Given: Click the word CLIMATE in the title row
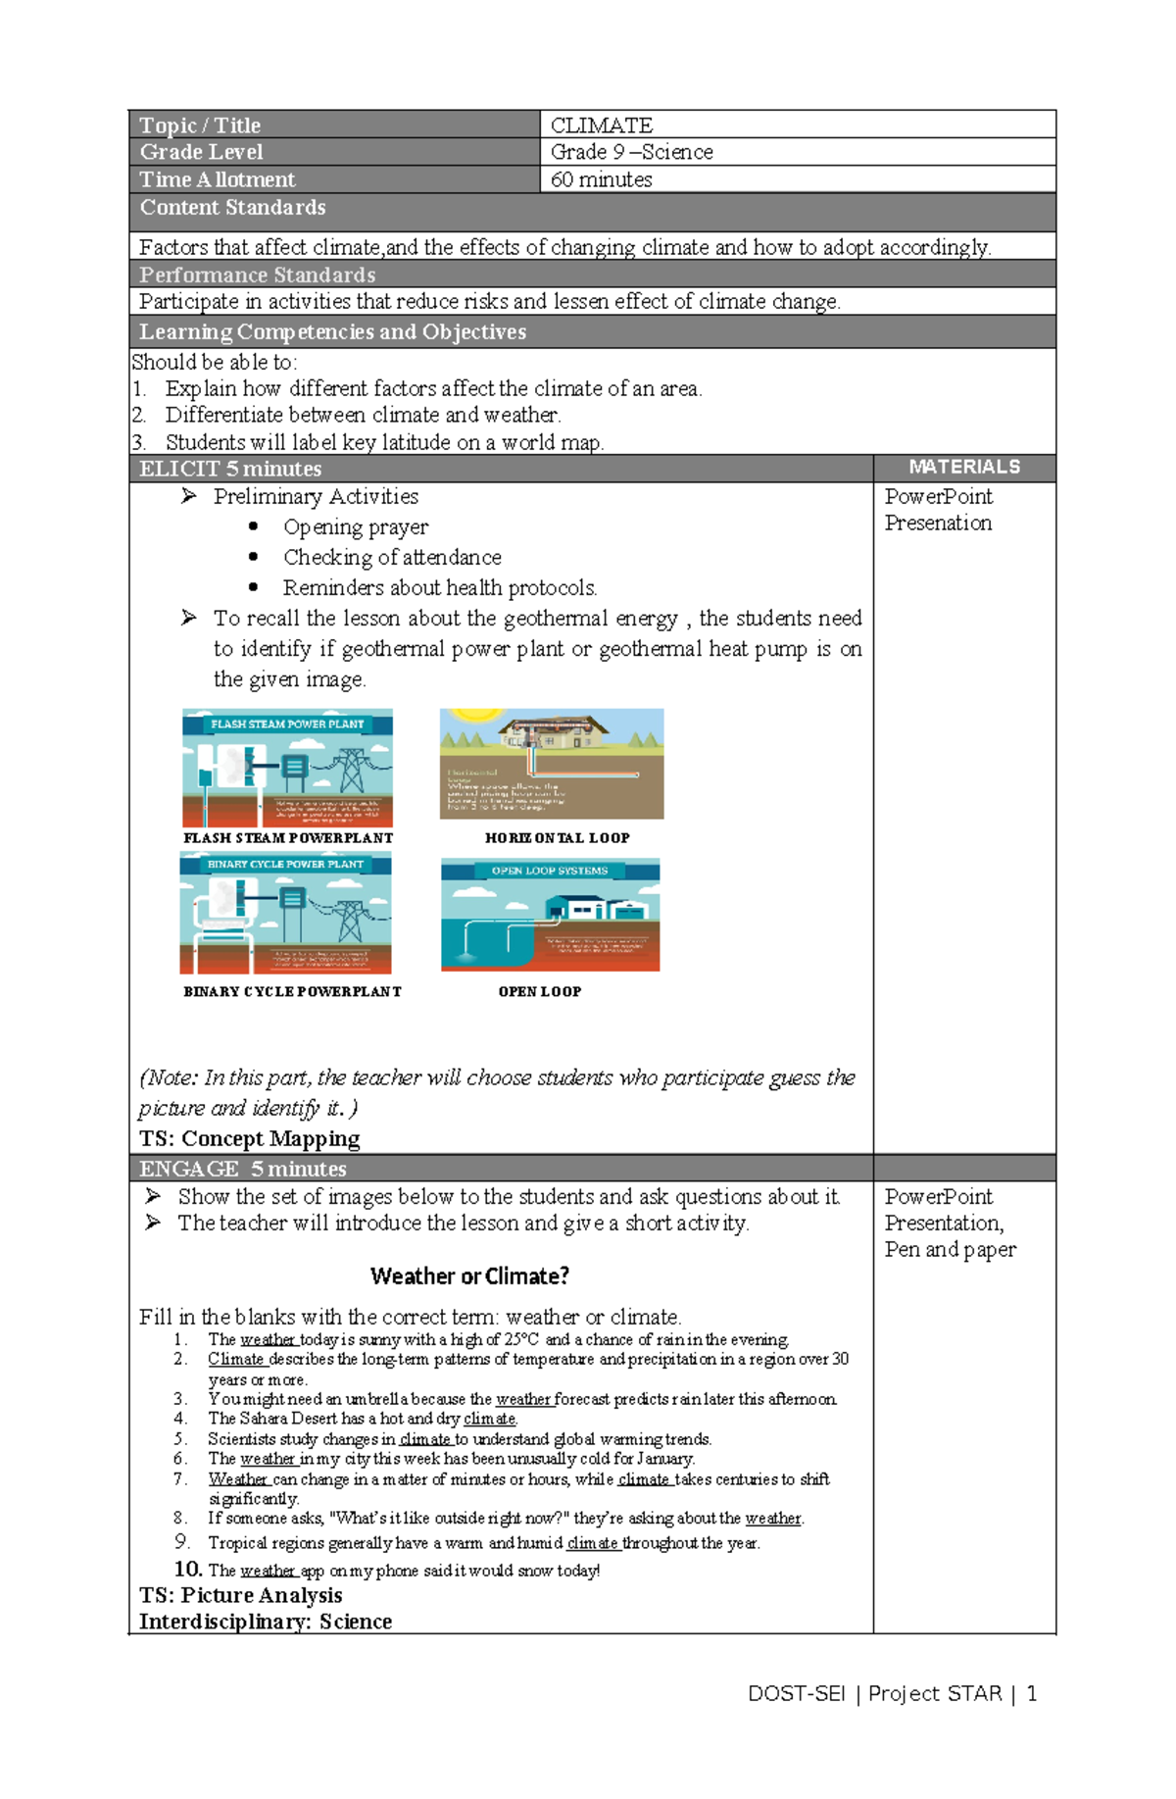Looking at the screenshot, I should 601,125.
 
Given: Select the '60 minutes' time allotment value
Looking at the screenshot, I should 601,180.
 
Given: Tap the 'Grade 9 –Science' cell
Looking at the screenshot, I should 631,153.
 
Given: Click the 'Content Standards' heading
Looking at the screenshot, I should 232,208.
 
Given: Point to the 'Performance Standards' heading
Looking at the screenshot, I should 257,275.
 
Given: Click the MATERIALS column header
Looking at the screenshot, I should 963,468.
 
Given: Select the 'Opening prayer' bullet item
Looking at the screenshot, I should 355,527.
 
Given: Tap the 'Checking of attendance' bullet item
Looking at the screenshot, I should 391,558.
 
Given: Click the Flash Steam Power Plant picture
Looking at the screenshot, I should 287,769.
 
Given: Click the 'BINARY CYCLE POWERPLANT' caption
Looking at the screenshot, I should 292,992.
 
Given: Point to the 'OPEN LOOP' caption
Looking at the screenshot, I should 539,992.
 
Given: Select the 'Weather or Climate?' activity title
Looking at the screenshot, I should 469,1276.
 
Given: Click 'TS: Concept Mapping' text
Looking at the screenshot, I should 249,1139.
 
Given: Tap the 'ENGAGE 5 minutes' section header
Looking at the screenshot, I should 242,1170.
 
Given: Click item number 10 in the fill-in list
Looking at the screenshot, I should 188,1570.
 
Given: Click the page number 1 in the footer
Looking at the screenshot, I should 1031,1694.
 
